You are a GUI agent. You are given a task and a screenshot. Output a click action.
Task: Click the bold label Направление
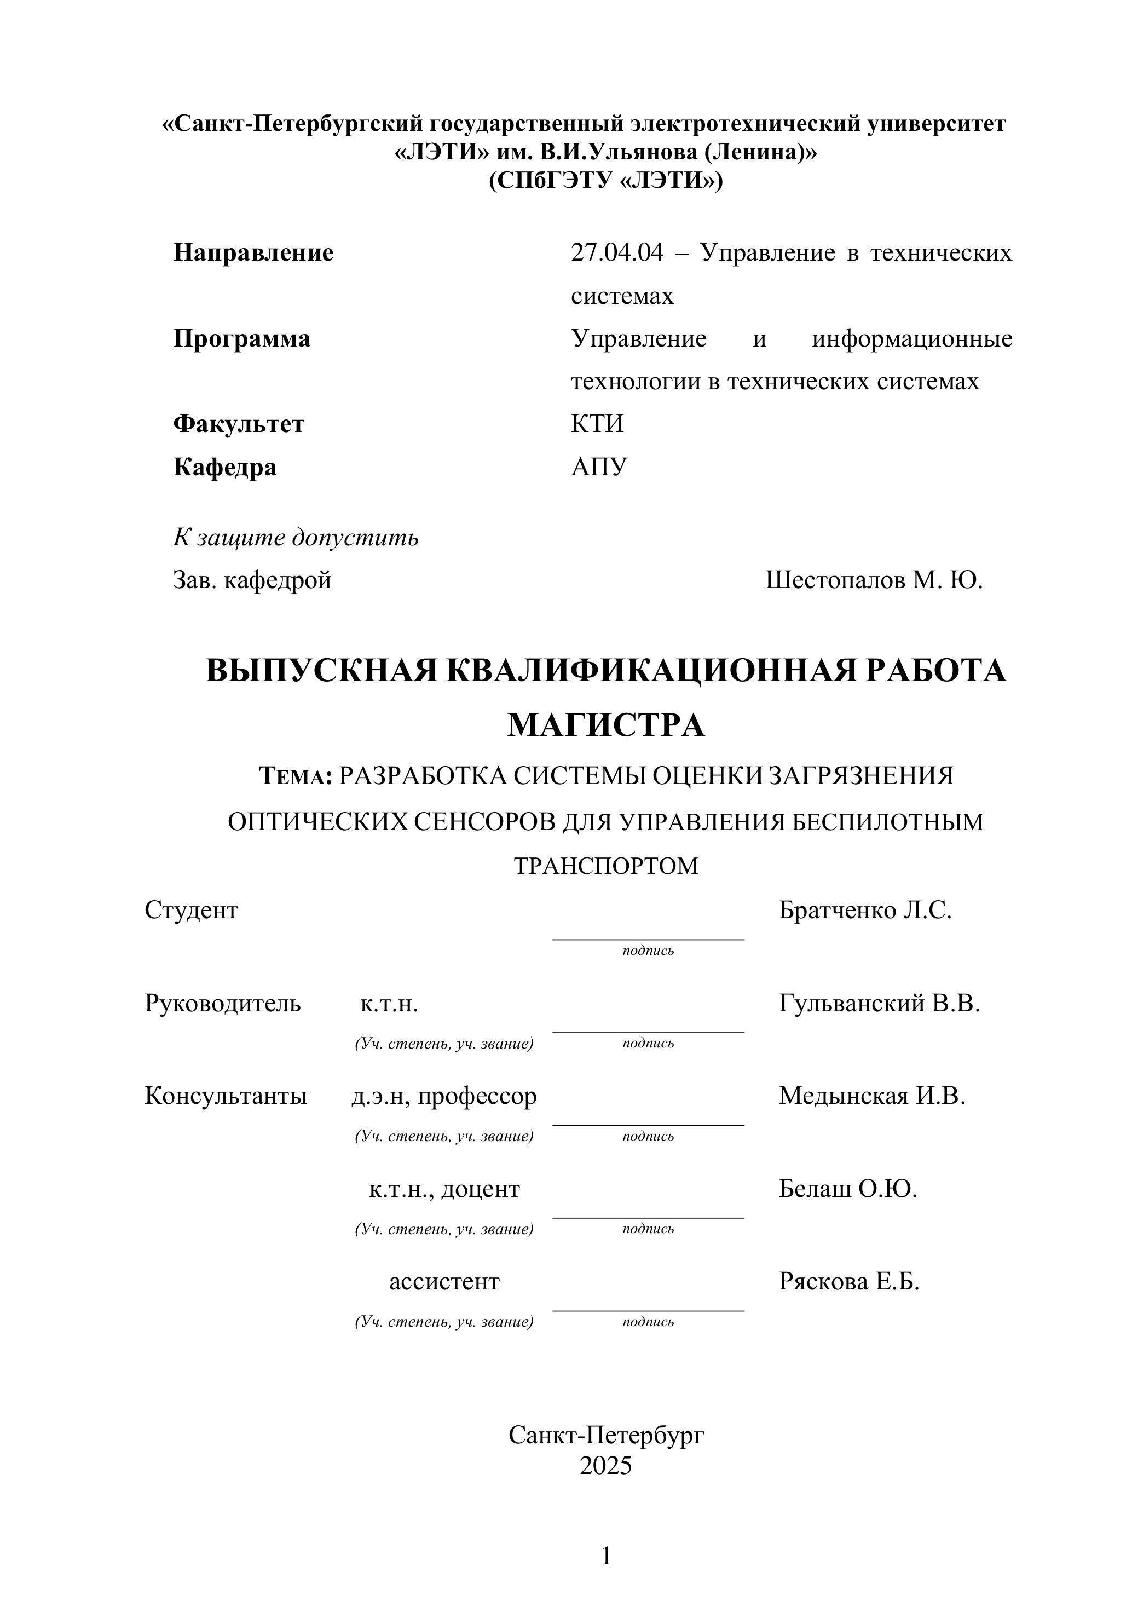pos(253,252)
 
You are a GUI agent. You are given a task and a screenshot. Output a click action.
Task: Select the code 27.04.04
pos(617,252)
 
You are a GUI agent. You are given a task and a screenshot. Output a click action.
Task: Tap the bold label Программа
pos(241,339)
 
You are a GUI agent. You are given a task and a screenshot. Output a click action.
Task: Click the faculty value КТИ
pos(597,424)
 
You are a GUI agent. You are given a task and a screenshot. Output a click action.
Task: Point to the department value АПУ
pos(599,467)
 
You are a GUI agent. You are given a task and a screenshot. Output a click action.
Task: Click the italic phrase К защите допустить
pos(296,538)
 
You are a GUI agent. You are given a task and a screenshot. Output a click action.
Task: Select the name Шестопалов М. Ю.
pos(874,580)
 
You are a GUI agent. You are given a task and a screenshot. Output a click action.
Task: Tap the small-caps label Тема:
pos(296,776)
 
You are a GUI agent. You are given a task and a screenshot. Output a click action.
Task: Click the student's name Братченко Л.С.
pos(864,910)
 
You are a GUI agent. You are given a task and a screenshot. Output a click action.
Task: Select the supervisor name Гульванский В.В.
pos(879,1004)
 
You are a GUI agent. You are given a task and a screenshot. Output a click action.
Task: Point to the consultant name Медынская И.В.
pos(871,1096)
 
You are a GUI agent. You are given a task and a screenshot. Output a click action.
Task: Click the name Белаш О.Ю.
pos(847,1189)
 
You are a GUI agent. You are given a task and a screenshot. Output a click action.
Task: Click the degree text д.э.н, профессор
pos(444,1096)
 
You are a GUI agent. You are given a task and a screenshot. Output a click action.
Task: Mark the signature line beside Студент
pos(648,938)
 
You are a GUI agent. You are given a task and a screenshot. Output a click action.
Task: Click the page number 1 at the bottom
pos(606,1556)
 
